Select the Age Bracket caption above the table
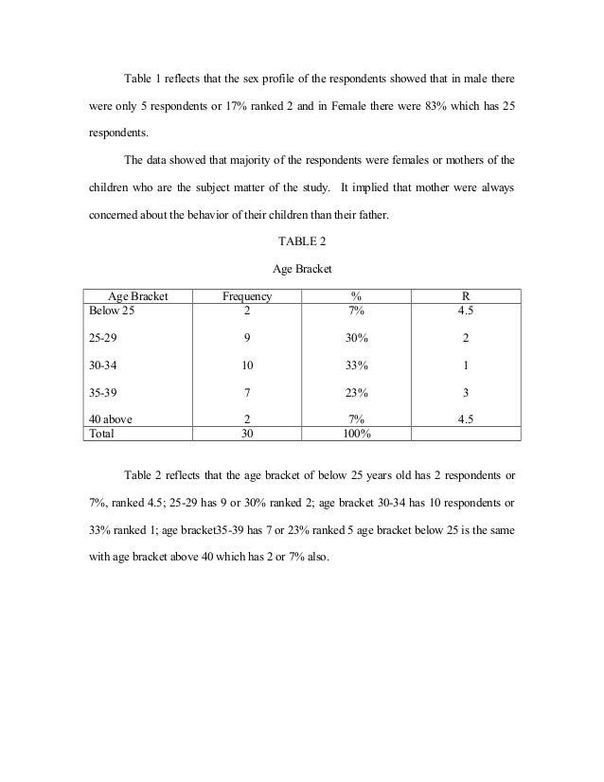click(301, 271)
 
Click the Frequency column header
click(246, 296)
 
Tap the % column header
click(357, 296)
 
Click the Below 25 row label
click(112, 310)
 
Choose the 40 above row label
click(109, 419)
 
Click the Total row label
click(101, 434)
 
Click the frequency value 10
click(246, 364)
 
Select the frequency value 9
click(246, 337)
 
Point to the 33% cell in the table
click(357, 364)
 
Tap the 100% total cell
click(357, 434)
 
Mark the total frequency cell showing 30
click(246, 434)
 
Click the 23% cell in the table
click(357, 392)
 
